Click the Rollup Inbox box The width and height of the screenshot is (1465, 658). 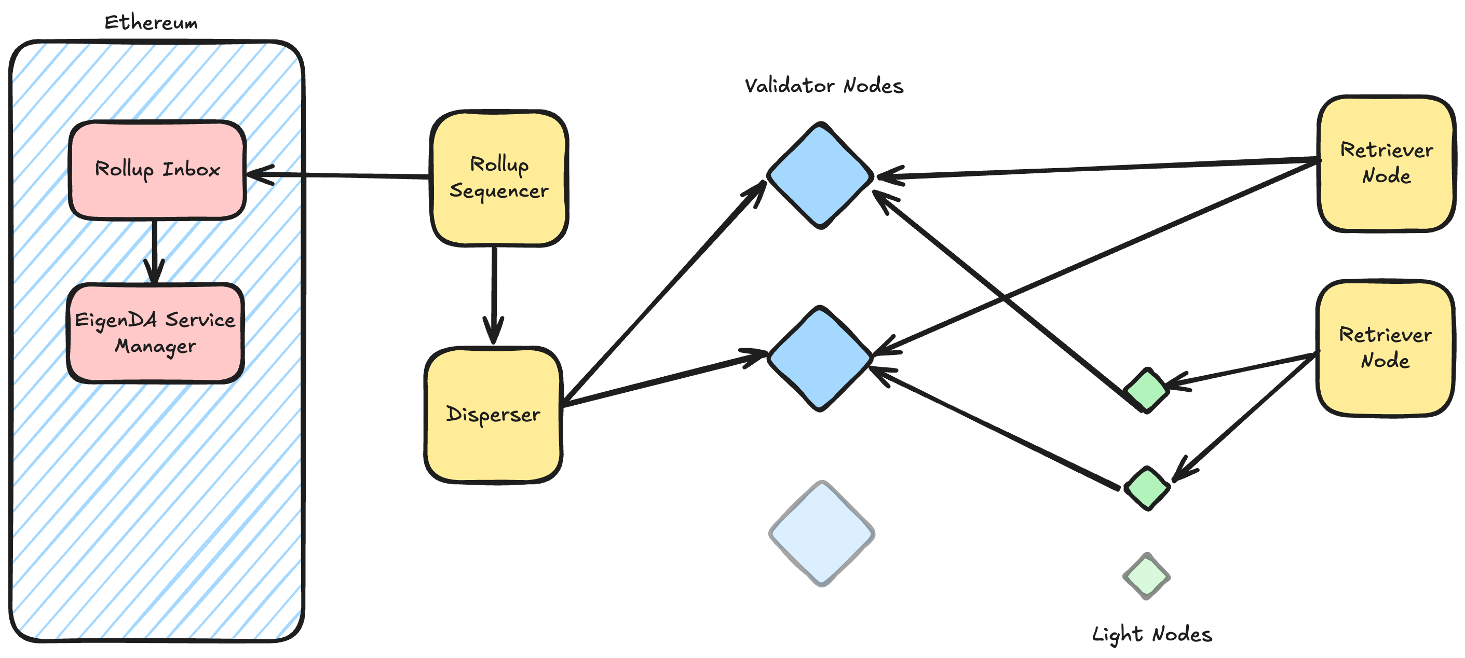(x=157, y=170)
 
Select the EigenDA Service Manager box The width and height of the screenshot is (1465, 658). (x=155, y=333)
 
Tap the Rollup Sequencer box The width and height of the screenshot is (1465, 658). (x=499, y=177)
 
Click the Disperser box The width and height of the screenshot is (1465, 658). (x=493, y=415)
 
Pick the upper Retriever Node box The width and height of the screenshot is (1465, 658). (x=1386, y=163)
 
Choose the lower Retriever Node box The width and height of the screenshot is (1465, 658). (x=1385, y=348)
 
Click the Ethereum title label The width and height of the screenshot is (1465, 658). (x=151, y=23)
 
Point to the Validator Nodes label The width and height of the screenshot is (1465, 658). (x=823, y=86)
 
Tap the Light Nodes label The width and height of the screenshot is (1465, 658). (x=1151, y=634)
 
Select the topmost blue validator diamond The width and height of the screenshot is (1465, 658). (x=820, y=175)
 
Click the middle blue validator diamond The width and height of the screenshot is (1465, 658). (x=820, y=358)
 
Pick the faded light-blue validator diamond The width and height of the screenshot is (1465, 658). (x=821, y=533)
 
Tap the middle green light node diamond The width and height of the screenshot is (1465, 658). (x=1147, y=487)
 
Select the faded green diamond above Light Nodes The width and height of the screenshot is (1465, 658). (x=1146, y=575)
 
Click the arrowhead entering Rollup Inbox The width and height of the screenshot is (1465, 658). (x=259, y=174)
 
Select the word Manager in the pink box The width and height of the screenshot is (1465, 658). (x=155, y=346)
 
